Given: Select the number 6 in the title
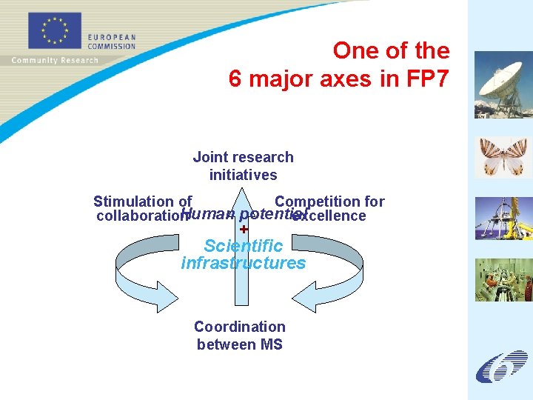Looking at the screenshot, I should pyautogui.click(x=235, y=79).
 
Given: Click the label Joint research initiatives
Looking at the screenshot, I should pyautogui.click(x=243, y=166).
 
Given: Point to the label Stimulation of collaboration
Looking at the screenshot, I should pyautogui.click(x=143, y=208).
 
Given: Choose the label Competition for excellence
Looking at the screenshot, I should pyautogui.click(x=329, y=208).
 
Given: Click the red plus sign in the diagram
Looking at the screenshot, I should pyautogui.click(x=244, y=230).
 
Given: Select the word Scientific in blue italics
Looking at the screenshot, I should pyautogui.click(x=243, y=245).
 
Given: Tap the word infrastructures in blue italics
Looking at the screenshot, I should pyautogui.click(x=243, y=263).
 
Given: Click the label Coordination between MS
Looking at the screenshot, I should pyautogui.click(x=239, y=336).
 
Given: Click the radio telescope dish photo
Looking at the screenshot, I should pyautogui.click(x=503, y=84).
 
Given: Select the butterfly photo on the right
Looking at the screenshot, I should pyautogui.click(x=503, y=156).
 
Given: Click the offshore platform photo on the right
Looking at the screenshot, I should pyautogui.click(x=503, y=219).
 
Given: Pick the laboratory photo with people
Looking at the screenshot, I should pyautogui.click(x=503, y=279).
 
